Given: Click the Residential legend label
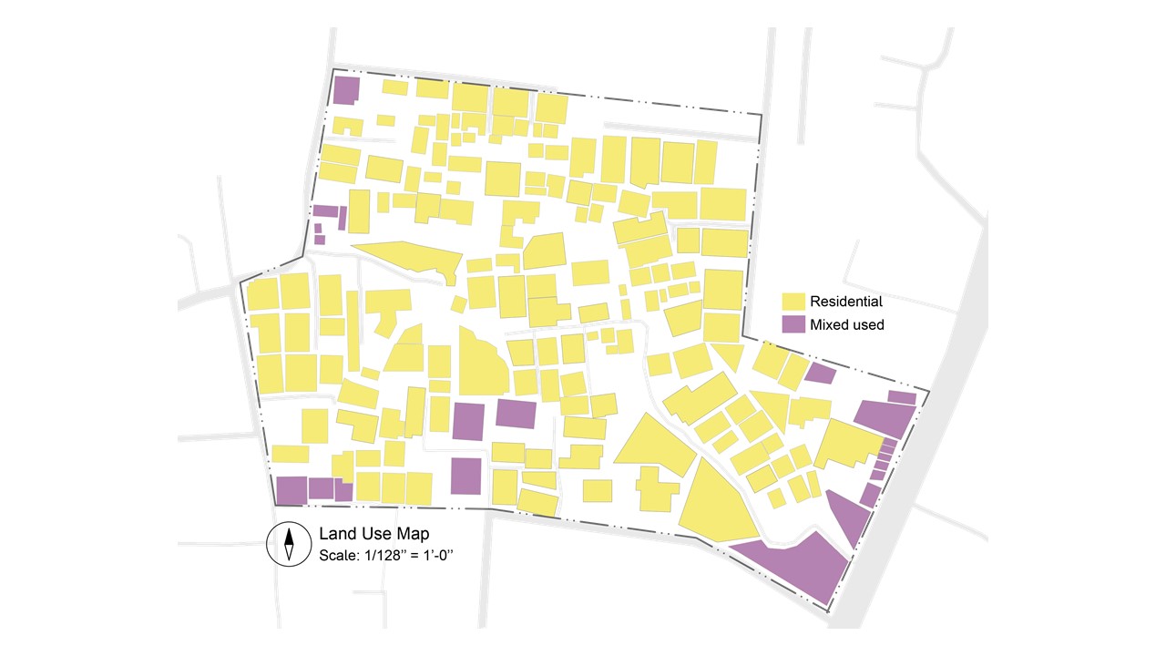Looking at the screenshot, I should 845,302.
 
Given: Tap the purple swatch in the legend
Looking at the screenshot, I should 794,324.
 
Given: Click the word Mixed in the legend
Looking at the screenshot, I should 827,324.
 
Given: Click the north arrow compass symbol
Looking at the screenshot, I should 288,544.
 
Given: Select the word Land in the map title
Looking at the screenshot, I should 335,534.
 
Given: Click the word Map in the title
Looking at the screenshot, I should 412,534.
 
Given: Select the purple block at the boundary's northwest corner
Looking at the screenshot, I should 345,90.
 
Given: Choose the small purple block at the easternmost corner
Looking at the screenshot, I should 902,397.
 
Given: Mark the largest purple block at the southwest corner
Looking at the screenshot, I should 291,489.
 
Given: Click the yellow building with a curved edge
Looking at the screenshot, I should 480,364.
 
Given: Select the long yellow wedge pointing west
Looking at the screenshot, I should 410,258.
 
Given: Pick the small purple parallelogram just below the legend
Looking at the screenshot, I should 820,373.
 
